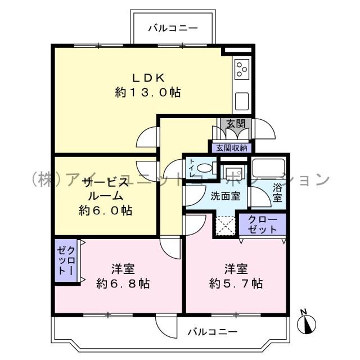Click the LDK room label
pyautogui.click(x=148, y=77)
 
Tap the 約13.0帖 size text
pyautogui.click(x=148, y=93)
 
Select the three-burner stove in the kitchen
pyautogui.click(x=242, y=70)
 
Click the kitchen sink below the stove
pyautogui.click(x=242, y=101)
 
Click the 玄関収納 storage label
pyautogui.click(x=232, y=148)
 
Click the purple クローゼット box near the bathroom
pyautogui.click(x=263, y=224)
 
